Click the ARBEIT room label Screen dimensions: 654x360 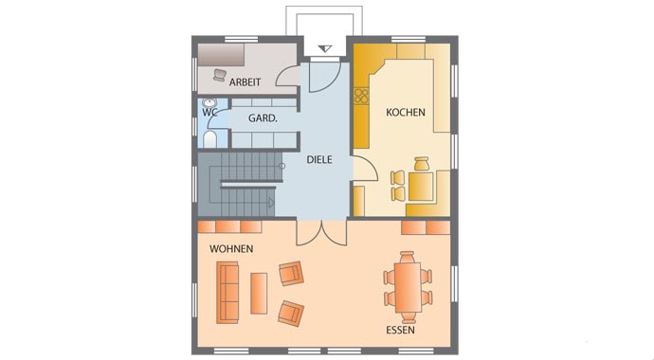pyautogui.click(x=245, y=82)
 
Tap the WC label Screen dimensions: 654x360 pyautogui.click(x=209, y=113)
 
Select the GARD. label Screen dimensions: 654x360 pyautogui.click(x=263, y=118)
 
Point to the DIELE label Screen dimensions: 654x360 pyautogui.click(x=319, y=159)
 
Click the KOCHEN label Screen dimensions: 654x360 pyautogui.click(x=406, y=112)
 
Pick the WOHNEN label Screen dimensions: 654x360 pyautogui.click(x=231, y=249)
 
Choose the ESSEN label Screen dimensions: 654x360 pyautogui.click(x=400, y=331)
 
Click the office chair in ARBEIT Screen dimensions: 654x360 pyautogui.click(x=220, y=75)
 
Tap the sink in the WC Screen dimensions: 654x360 pyautogui.click(x=209, y=102)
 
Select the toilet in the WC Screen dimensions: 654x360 pyautogui.click(x=209, y=139)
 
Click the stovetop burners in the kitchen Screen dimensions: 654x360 pyautogui.click(x=361, y=96)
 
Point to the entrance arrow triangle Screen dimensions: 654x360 pyautogui.click(x=325, y=48)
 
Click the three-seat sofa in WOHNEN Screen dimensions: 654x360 pyautogui.click(x=227, y=293)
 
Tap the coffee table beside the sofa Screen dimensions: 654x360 pyautogui.click(x=259, y=294)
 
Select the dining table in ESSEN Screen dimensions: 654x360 pyautogui.click(x=408, y=287)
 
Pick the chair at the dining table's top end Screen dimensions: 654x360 pyautogui.click(x=407, y=256)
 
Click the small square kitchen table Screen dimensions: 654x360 pyautogui.click(x=421, y=187)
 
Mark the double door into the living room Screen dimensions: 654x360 pyautogui.click(x=321, y=232)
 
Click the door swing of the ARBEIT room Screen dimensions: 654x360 pyautogui.click(x=287, y=76)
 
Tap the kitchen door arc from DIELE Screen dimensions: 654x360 pyautogui.click(x=365, y=168)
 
